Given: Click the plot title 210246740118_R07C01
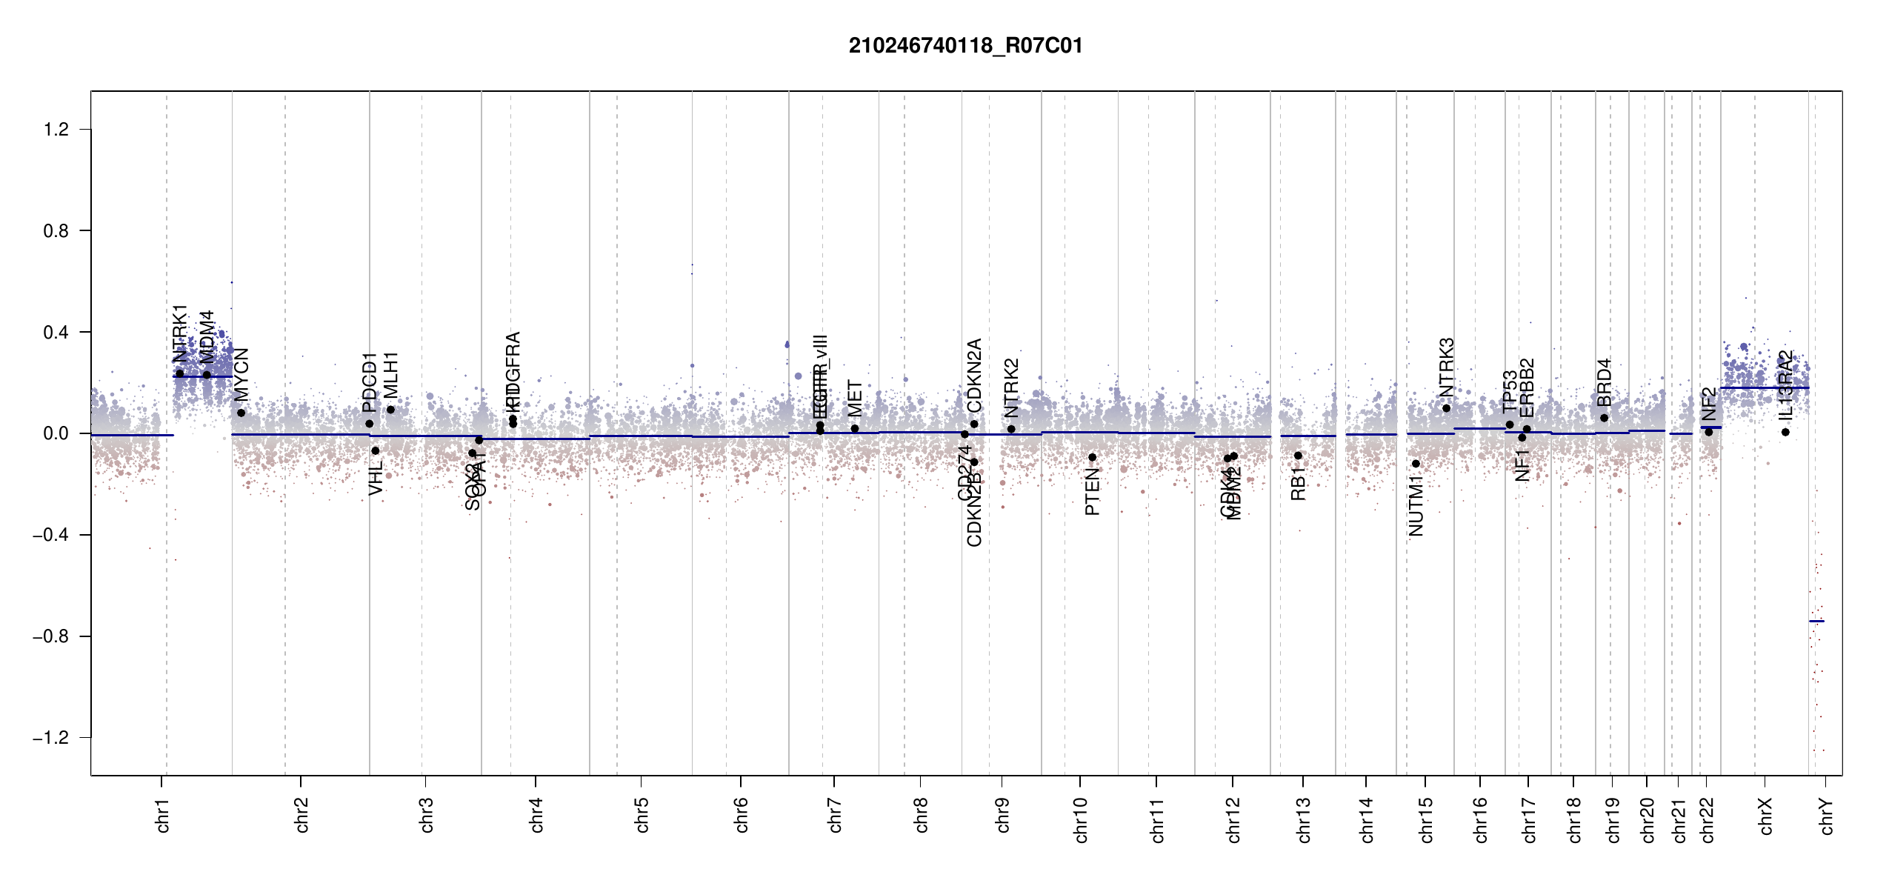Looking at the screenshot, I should (965, 46).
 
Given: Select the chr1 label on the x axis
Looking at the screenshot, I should (163, 815).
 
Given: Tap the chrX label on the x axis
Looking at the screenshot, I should (1766, 816).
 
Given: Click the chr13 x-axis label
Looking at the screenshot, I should (1304, 819).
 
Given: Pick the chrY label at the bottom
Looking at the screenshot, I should (1827, 816).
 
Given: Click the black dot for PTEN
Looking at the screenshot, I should (1092, 457).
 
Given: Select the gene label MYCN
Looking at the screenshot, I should (241, 374).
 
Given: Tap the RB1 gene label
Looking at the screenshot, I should (1298, 484).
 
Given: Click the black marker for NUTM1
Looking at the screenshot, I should (1416, 464).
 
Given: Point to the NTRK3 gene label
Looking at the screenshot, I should (1447, 367).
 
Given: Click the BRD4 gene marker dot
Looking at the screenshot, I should (1604, 418).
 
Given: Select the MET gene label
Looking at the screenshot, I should (855, 399).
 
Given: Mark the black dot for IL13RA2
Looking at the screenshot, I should (1785, 432).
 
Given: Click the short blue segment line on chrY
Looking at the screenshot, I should (1816, 621).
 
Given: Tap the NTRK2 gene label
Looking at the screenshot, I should (1012, 388).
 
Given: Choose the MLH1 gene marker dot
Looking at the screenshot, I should (390, 410).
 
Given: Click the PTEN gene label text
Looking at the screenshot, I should (1092, 492).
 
